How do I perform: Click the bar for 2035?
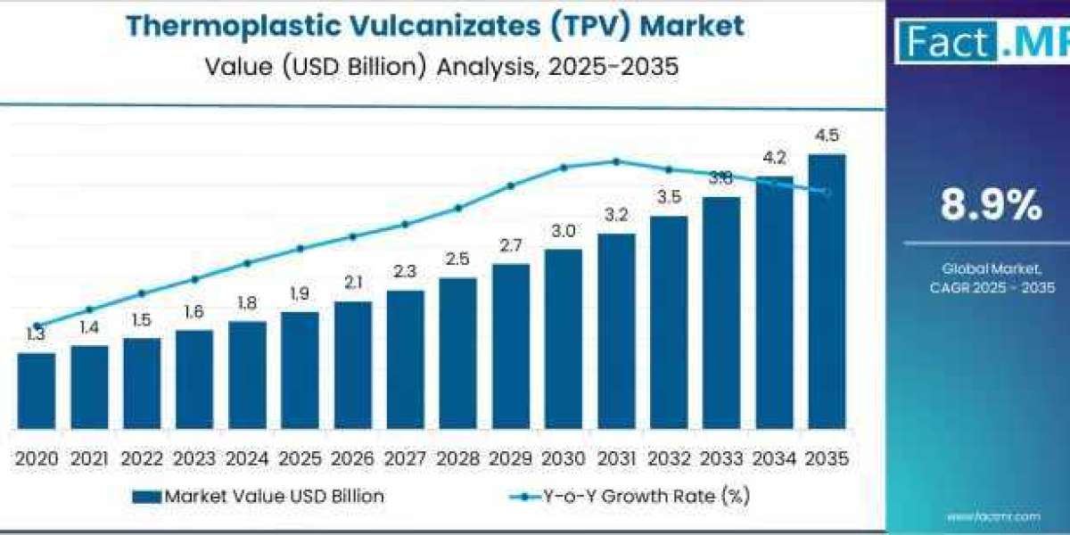827,291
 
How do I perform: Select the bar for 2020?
37,390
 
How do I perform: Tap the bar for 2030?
564,338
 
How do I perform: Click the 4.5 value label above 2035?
827,136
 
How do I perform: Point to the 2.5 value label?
457,259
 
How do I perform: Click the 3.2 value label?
616,215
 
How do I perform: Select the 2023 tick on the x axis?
194,458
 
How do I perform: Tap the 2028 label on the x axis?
457,458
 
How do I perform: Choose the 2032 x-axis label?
669,458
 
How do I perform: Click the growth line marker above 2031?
616,161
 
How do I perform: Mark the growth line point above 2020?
37,326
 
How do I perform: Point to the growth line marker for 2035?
827,192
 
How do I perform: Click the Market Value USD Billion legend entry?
259,497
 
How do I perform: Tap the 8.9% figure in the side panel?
991,207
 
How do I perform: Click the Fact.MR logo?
981,41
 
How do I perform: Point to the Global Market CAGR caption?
991,277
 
